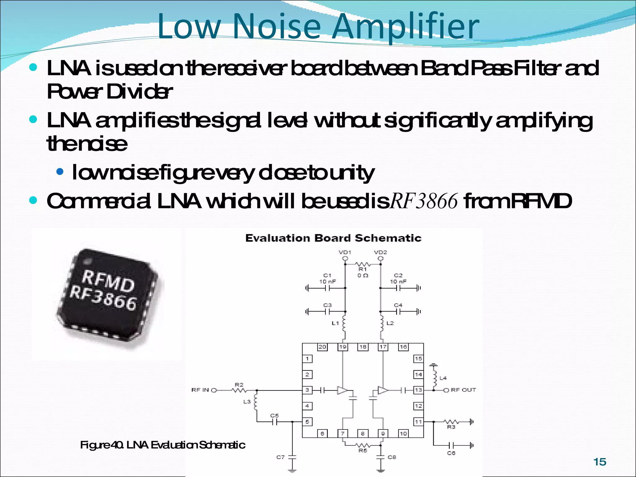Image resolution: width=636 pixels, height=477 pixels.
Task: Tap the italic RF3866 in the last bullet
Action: [x=424, y=201]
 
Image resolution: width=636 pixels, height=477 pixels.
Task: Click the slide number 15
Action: [x=600, y=462]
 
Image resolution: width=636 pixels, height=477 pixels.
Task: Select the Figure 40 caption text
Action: [x=162, y=445]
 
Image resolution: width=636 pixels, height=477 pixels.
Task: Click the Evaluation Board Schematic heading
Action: [x=333, y=238]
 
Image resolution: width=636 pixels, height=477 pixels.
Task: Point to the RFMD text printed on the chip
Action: [x=108, y=281]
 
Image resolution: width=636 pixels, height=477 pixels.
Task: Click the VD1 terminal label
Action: [x=345, y=252]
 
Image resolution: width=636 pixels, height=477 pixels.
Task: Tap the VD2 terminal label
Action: [x=380, y=252]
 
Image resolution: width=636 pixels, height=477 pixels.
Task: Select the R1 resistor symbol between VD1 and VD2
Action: [x=362, y=264]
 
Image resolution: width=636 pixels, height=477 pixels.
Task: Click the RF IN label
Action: [x=200, y=390]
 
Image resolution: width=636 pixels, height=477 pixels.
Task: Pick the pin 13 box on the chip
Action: [x=418, y=390]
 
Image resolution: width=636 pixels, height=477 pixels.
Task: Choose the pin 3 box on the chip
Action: [x=307, y=390]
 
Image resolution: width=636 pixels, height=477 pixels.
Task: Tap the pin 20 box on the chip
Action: [x=322, y=347]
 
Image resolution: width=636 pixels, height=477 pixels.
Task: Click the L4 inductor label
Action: [x=443, y=378]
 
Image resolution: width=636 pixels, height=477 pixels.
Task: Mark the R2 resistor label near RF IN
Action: [x=239, y=384]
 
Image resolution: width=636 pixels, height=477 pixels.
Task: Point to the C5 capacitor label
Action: [x=274, y=416]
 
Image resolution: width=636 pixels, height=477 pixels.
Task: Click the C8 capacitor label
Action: [x=392, y=457]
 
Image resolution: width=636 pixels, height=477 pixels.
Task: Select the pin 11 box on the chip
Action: [x=418, y=422]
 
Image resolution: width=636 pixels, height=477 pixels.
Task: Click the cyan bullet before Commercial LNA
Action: [x=33, y=200]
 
